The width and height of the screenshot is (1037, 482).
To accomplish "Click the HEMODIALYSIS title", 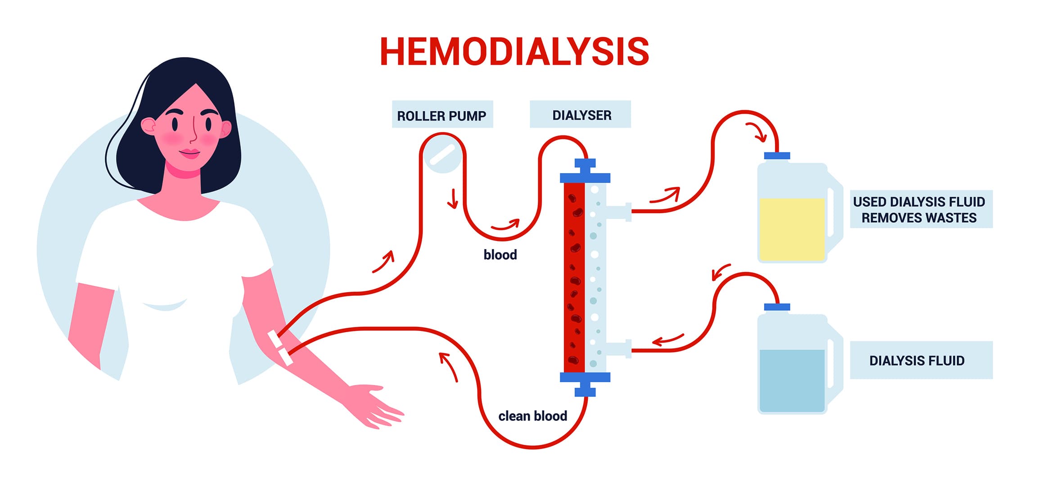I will click(x=514, y=52).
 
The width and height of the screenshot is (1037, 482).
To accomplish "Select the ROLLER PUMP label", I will click(x=442, y=116).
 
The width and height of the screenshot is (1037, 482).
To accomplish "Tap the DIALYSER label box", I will click(x=581, y=115).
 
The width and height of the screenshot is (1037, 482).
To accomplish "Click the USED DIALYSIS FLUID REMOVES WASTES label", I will click(x=920, y=210).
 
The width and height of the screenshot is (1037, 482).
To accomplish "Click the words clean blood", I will click(x=532, y=416).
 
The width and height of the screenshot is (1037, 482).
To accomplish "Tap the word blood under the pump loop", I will click(x=500, y=255).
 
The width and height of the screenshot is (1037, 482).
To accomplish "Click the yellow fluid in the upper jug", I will click(x=792, y=229).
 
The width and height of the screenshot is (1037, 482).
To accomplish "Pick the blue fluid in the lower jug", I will click(x=792, y=380).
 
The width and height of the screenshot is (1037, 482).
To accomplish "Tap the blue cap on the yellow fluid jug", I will click(x=777, y=156).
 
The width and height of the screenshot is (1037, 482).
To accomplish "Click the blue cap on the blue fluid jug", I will click(x=777, y=307).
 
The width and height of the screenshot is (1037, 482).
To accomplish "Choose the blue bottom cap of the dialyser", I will click(x=585, y=382).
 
